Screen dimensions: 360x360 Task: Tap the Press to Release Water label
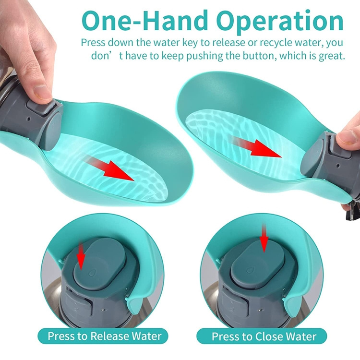point(105,336)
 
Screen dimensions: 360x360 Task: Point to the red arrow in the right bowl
point(257,146)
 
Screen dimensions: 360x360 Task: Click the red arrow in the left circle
point(81,255)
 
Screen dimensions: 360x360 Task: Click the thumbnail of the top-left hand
point(41,90)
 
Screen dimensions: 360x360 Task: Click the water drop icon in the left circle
point(92,273)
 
